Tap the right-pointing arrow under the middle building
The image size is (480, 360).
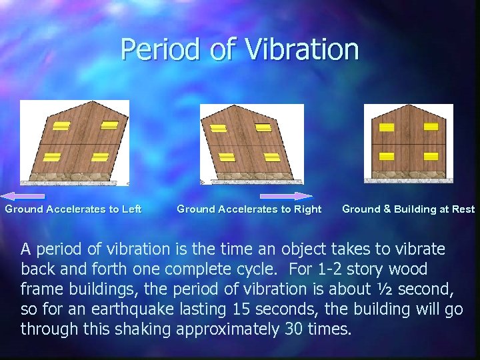(286, 196)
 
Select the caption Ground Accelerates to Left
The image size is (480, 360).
(73, 209)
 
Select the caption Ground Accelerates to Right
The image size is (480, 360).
(249, 209)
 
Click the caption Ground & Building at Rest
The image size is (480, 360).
(408, 209)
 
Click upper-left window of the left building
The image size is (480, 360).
(61, 126)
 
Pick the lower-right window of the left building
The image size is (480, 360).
(100, 157)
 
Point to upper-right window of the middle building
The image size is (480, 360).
(263, 127)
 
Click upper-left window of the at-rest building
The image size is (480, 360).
(387, 127)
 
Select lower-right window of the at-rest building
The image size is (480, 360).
(430, 156)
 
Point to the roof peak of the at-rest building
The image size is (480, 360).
(409, 105)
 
